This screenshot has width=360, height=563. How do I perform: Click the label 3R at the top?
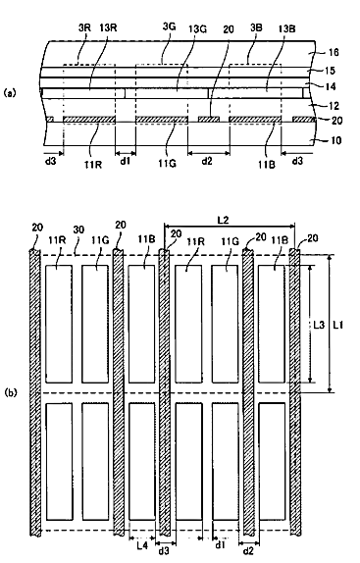[84, 27]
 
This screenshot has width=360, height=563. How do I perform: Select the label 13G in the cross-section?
[198, 29]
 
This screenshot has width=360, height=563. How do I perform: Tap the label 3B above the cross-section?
[256, 27]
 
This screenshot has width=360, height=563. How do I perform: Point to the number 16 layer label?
[334, 52]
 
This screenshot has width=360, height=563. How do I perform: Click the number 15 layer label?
[331, 71]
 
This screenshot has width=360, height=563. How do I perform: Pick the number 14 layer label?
[331, 86]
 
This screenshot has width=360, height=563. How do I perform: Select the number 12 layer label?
[334, 106]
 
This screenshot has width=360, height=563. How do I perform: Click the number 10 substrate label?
[335, 140]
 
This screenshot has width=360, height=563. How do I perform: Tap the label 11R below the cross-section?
[93, 165]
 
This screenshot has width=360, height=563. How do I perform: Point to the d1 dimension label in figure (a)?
[125, 162]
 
